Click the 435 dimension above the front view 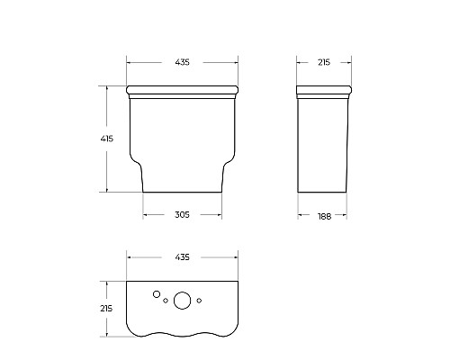(184, 62)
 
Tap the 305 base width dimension (183, 214)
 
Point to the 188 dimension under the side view (324, 215)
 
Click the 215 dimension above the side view (324, 62)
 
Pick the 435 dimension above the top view (184, 257)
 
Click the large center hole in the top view (183, 301)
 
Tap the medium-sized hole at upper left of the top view (157, 293)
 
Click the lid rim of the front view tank (184, 90)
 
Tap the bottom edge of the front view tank (184, 192)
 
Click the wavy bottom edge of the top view (184, 335)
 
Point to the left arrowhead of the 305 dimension (146, 214)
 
